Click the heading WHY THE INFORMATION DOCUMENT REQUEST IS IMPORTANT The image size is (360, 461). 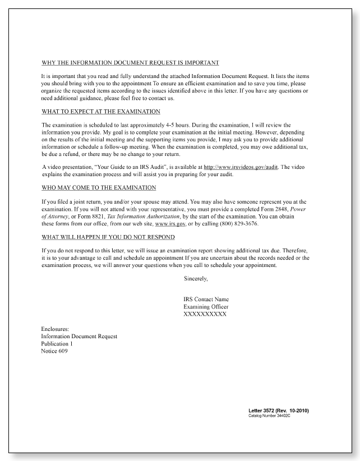130,62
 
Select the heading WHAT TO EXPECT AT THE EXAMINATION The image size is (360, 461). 101,112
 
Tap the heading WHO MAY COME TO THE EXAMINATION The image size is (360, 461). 99,187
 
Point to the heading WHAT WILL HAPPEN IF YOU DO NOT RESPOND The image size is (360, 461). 108,237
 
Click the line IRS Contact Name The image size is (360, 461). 206,299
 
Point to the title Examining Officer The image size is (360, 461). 206,307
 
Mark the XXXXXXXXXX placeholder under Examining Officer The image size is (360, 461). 205,314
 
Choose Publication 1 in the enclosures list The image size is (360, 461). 57,344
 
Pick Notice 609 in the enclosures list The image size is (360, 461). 54,351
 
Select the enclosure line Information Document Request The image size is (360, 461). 79,336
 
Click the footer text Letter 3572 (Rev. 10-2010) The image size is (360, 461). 279,411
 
